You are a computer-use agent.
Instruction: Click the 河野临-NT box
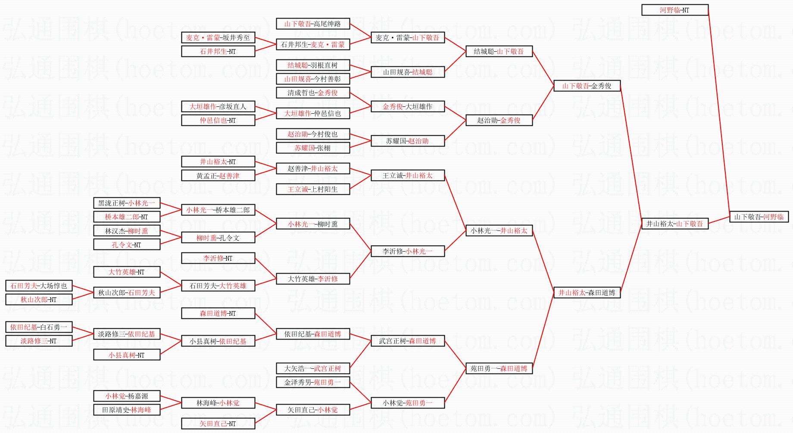click(674, 10)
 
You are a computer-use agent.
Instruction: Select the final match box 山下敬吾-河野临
click(759, 217)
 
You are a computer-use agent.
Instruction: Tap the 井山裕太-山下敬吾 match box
click(674, 224)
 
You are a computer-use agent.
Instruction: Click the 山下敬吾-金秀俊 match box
click(587, 86)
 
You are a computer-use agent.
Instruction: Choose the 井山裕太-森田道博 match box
click(587, 293)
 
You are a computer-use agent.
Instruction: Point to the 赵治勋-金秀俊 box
click(499, 120)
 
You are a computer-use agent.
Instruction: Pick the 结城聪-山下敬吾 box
click(499, 51)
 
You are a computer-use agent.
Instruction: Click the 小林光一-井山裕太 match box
click(499, 231)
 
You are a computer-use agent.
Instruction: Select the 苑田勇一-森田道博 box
click(499, 368)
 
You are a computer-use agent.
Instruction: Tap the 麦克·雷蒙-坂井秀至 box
click(218, 37)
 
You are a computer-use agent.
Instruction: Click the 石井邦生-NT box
click(218, 51)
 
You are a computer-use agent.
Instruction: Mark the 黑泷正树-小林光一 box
click(126, 203)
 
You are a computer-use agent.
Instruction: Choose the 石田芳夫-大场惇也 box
click(38, 286)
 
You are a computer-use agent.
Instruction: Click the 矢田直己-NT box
click(218, 424)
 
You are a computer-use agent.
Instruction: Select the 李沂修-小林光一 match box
click(407, 251)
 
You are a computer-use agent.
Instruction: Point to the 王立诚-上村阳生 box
click(312, 189)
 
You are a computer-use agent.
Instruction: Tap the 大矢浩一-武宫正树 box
click(312, 368)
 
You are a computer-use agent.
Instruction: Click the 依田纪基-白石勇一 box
click(38, 327)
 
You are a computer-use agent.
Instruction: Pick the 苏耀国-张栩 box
click(312, 148)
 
